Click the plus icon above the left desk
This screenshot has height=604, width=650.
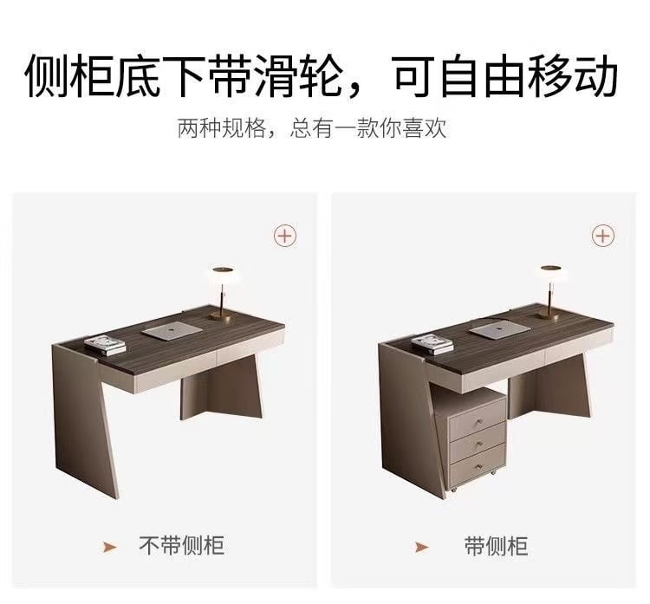pos(285,236)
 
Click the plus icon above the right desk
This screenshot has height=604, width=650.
pos(602,236)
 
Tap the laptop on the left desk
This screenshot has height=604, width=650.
pos(172,330)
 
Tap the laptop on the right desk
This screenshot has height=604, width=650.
pos(501,329)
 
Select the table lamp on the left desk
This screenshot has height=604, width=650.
pos(222,293)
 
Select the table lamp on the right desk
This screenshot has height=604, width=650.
pos(550,292)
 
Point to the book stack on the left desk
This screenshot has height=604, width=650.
pos(105,345)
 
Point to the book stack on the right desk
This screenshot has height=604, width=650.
pos(432,345)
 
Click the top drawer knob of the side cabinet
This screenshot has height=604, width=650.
pos(481,422)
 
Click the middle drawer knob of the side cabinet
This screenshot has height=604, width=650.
pos(479,445)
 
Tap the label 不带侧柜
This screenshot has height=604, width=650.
pos(182,546)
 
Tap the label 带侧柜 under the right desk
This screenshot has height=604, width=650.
pos(496,546)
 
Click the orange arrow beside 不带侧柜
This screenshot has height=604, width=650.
pos(110,547)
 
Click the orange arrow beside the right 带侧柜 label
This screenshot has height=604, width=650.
pos(421,547)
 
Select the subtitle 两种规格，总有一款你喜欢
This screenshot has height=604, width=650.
pos(312,127)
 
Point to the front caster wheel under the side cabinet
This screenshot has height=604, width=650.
pos(453,490)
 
